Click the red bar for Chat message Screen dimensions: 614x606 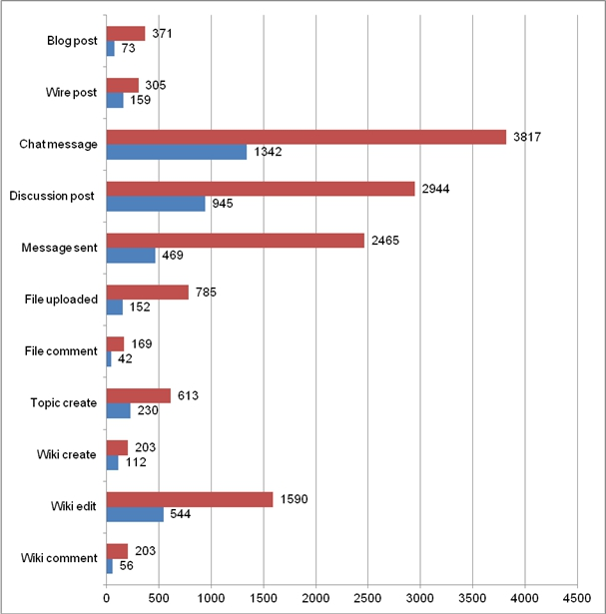[306, 137]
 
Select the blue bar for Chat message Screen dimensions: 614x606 [177, 152]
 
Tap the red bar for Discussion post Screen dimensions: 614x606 [261, 189]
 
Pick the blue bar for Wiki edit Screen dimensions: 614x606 [135, 514]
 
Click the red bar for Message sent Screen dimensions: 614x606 [236, 240]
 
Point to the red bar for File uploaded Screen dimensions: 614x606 [148, 292]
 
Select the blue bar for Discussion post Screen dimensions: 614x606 [156, 204]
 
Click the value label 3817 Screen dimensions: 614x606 [527, 137]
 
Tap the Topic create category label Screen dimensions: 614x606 [64, 402]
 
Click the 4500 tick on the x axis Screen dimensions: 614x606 [577, 599]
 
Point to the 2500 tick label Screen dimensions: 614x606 [368, 599]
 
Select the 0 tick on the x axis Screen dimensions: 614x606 [107, 599]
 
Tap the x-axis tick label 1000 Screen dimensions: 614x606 [211, 599]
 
